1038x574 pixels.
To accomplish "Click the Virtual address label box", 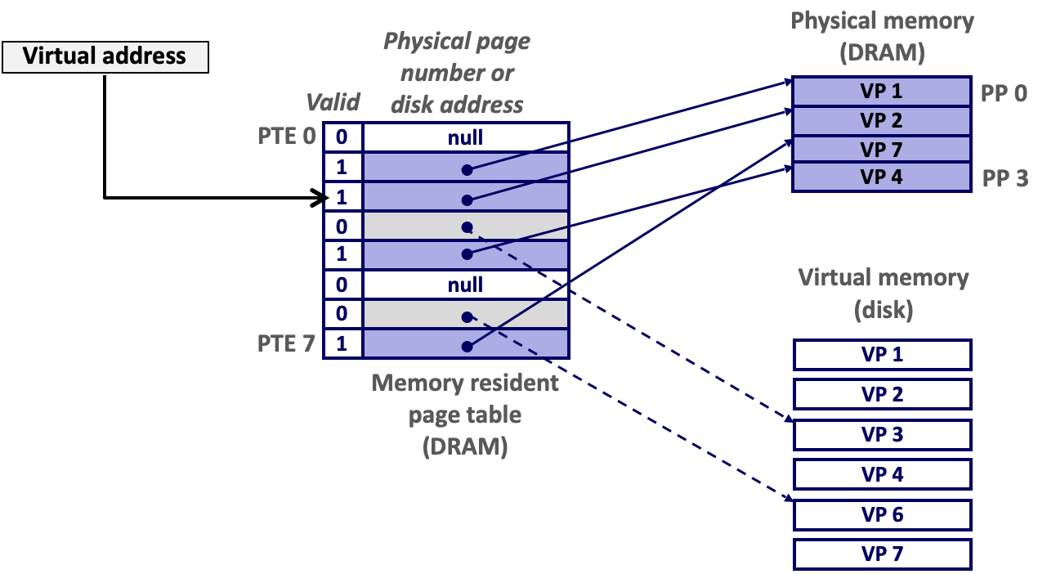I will coord(105,57).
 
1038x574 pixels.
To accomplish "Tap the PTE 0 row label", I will coord(286,136).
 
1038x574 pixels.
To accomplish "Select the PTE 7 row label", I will coord(286,343).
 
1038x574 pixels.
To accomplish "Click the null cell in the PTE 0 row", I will coord(465,137).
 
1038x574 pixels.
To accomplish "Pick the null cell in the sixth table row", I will coord(465,285).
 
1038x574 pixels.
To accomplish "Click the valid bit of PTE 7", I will coord(342,343).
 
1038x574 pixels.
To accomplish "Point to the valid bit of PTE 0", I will coord(342,137).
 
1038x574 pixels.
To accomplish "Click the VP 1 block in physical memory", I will coord(881,92).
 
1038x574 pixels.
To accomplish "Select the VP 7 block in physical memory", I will coord(881,150).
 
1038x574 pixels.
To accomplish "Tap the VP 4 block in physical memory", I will coord(881,177).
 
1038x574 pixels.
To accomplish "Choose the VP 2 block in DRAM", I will coord(881,121).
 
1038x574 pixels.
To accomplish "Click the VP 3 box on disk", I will coord(882,435).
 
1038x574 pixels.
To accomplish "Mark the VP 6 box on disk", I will coord(882,515).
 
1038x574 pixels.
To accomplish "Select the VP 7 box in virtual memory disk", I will coord(882,554).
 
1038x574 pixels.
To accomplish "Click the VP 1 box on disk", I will coord(882,355).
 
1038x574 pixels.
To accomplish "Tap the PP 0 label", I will coord(1004,93).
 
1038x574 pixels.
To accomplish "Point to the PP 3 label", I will coord(1004,178).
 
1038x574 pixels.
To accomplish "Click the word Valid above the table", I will coord(333,102).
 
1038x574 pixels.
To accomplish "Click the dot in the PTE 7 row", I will coord(466,346).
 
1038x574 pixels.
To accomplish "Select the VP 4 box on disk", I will coord(882,474).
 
